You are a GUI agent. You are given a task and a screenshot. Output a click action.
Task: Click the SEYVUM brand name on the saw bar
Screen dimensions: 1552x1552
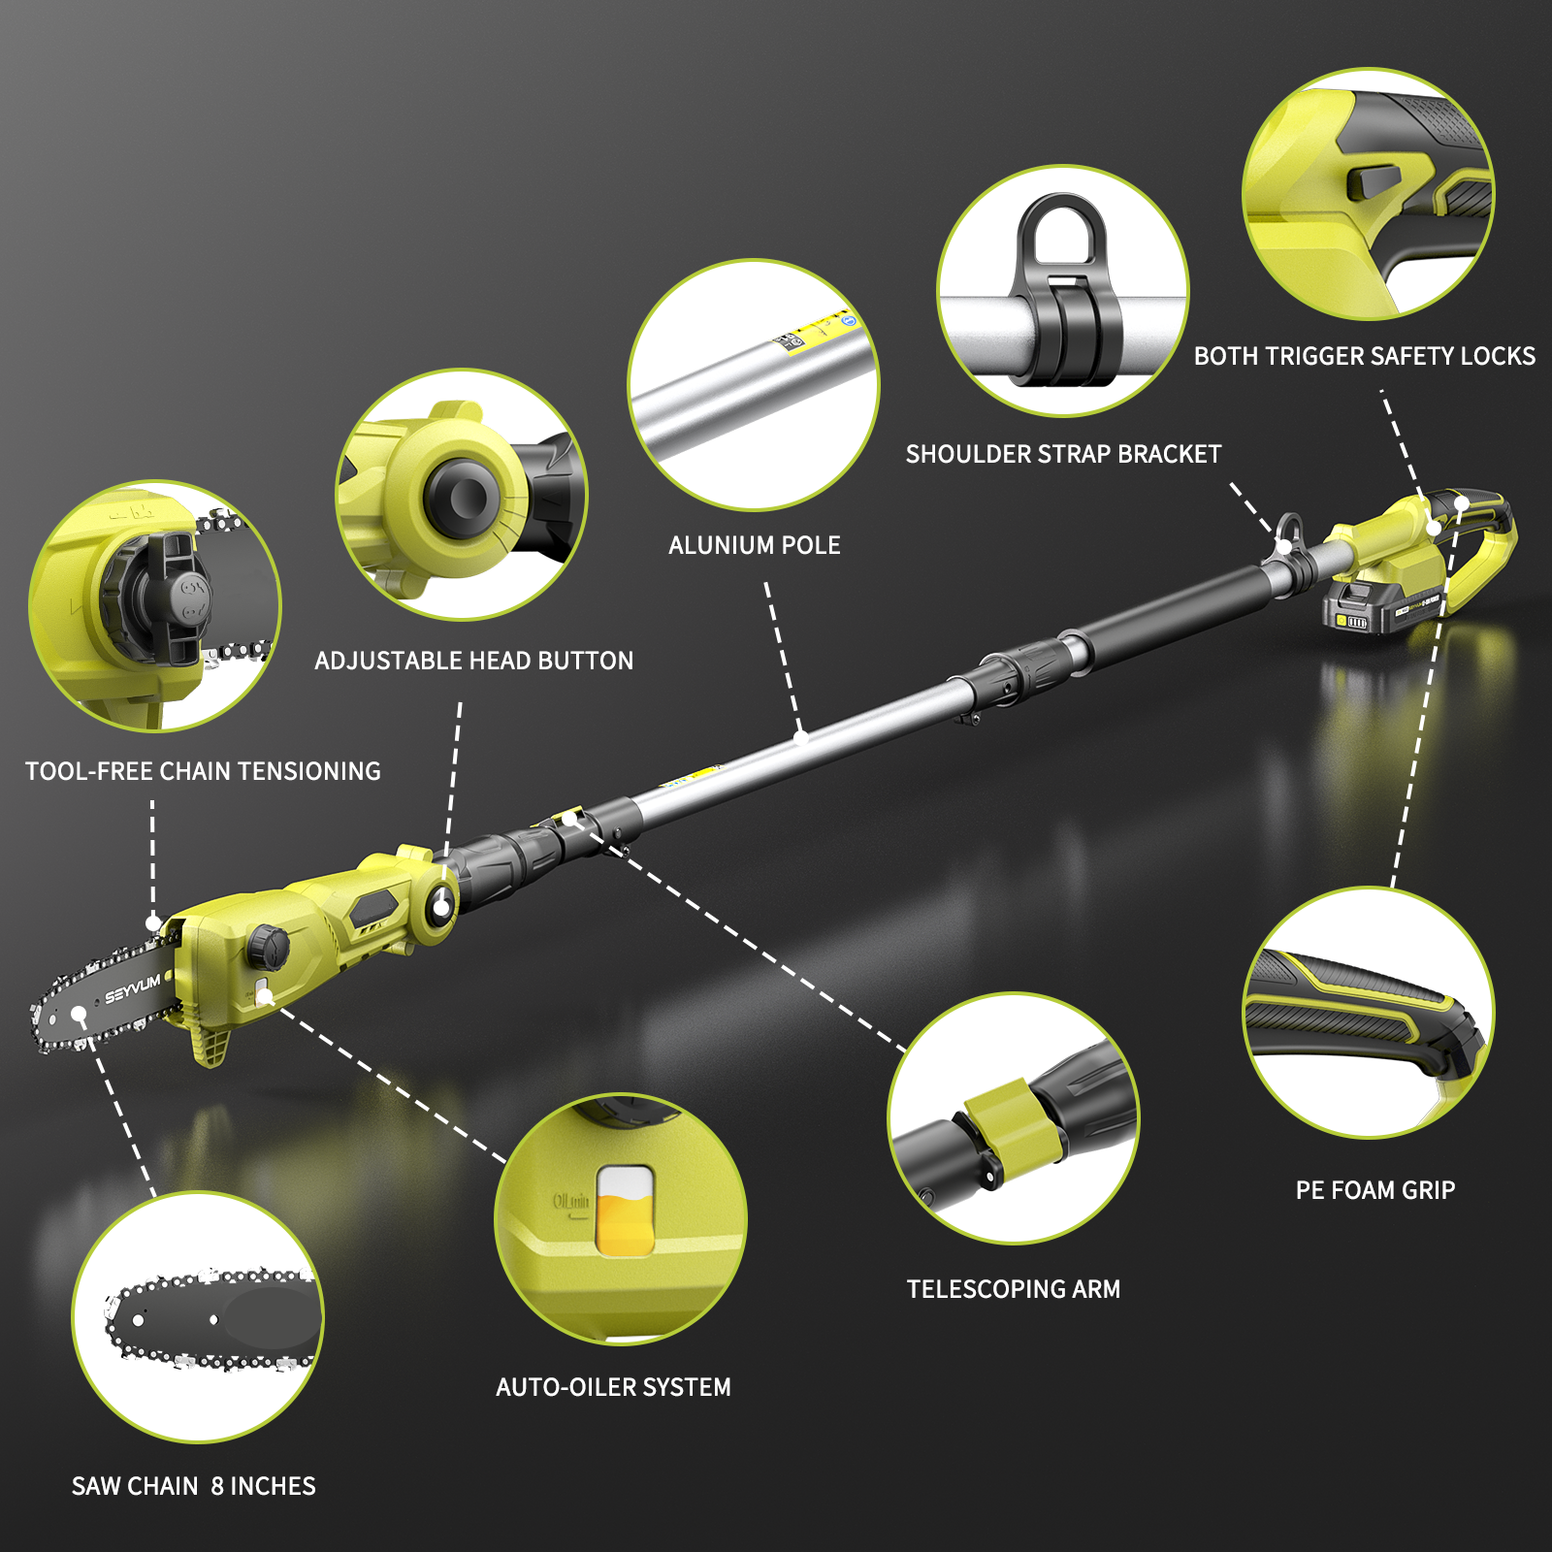click(133, 989)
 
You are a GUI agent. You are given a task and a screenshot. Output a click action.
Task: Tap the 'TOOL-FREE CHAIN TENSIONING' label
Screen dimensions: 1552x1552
click(203, 771)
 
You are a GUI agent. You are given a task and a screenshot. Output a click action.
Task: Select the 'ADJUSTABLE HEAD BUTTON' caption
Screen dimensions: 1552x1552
click(473, 661)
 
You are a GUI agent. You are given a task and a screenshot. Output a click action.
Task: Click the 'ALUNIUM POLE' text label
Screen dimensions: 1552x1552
click(755, 545)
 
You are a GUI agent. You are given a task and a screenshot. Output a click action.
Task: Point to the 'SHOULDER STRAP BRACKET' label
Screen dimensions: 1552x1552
click(1063, 454)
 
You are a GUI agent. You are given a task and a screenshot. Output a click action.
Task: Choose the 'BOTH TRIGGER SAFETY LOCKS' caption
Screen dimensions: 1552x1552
click(1364, 356)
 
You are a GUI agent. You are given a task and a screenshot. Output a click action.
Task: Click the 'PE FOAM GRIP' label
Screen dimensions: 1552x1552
click(1375, 1190)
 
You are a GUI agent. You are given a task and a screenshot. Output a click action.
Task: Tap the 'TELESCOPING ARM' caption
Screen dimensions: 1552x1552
click(1014, 1289)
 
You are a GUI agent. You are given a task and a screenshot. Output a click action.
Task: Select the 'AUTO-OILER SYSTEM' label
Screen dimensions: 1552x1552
click(613, 1387)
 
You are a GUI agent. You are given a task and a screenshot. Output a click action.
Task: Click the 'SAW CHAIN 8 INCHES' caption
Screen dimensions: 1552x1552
click(194, 1486)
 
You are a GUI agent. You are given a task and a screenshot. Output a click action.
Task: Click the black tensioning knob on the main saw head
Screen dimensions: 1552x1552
click(268, 945)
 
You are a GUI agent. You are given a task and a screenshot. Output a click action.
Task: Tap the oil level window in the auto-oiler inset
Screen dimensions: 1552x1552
click(625, 1211)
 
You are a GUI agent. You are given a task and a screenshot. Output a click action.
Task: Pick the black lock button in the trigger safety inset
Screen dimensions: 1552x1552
click(1376, 181)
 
